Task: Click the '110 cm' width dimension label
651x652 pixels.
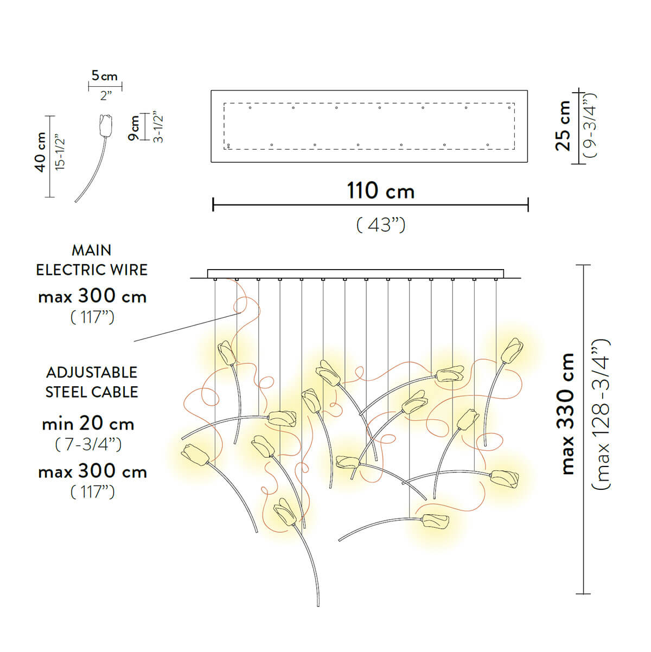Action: tap(380, 191)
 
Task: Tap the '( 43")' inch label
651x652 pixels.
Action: tap(380, 225)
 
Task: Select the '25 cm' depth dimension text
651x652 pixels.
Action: tap(563, 125)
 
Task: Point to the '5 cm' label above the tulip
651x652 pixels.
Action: tap(105, 76)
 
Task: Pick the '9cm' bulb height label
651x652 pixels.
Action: tap(133, 128)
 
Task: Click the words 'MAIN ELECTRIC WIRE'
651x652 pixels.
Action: tap(92, 260)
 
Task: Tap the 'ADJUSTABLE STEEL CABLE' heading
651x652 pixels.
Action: tap(92, 382)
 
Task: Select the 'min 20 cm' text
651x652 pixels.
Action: tap(88, 423)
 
